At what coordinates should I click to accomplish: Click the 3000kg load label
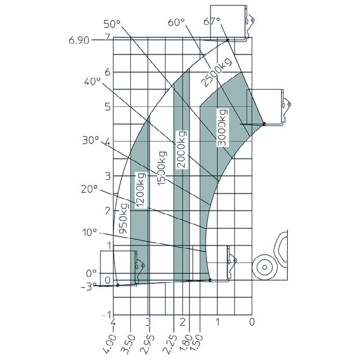point(223,128)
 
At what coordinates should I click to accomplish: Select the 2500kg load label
point(216,72)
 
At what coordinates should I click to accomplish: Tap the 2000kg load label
point(182,149)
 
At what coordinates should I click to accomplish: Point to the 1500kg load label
point(162,168)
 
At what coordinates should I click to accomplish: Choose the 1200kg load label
point(140,190)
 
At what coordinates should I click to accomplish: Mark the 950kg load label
point(123,218)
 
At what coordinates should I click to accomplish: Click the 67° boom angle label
point(212,21)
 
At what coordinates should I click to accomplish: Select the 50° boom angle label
point(112,24)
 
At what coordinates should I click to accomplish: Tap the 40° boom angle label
point(92,81)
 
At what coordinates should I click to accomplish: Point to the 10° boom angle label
point(90,233)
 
